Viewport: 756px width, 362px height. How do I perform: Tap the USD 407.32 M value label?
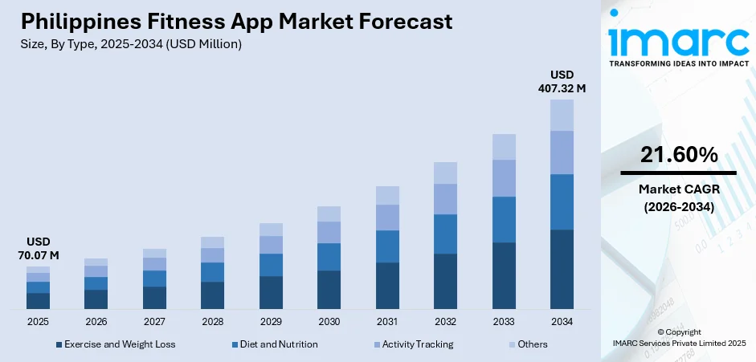(x=562, y=82)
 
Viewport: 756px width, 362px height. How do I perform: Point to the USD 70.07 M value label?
(x=38, y=249)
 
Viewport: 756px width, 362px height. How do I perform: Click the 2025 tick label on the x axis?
(x=38, y=321)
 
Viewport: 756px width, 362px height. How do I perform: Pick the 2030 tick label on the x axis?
(x=329, y=321)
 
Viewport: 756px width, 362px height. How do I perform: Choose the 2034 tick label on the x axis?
(x=562, y=321)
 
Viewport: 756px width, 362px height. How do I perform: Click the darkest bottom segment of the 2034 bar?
(x=562, y=269)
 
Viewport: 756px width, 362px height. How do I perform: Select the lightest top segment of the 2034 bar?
(x=562, y=115)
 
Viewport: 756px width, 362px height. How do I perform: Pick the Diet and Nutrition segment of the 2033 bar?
(x=504, y=219)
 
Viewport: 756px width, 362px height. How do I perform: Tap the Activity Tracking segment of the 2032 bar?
(x=445, y=199)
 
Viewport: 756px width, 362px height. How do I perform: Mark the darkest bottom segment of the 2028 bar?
(x=212, y=295)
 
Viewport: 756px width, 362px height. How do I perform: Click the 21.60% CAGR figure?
(x=678, y=156)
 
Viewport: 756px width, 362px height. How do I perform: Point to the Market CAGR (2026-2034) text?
(x=678, y=197)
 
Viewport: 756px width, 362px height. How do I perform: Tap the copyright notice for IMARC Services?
(x=678, y=337)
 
